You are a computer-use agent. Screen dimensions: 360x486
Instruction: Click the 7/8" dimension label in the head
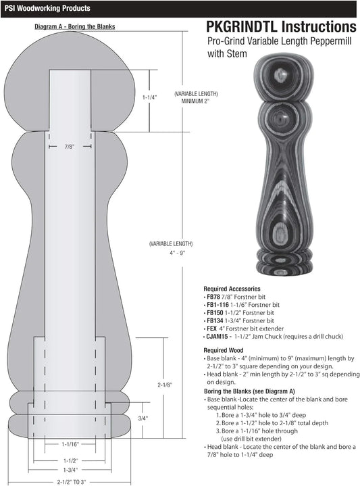click(x=70, y=147)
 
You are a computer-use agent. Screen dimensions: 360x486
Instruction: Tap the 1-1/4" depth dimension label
click(x=150, y=97)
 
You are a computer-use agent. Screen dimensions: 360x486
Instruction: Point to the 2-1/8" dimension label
click(x=165, y=385)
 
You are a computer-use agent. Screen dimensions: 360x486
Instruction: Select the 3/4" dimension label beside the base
click(x=143, y=418)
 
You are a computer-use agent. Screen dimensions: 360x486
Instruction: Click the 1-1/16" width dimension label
click(x=70, y=444)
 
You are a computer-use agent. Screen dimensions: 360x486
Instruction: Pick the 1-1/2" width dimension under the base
click(x=71, y=460)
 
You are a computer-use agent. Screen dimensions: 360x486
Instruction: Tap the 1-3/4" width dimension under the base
click(x=70, y=470)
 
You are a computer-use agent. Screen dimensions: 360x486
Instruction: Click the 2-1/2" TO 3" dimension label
click(x=71, y=482)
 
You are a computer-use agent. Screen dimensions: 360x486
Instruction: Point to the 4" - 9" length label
click(x=177, y=253)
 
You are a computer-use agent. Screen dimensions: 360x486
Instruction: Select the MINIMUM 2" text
click(x=195, y=101)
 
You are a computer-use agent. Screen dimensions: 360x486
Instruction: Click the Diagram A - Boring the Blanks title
click(x=75, y=26)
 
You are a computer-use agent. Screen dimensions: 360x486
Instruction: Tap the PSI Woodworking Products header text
click(x=47, y=8)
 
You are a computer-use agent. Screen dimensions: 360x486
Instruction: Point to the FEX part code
click(x=211, y=329)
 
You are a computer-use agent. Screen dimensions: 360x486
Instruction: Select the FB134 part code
click(x=215, y=321)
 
